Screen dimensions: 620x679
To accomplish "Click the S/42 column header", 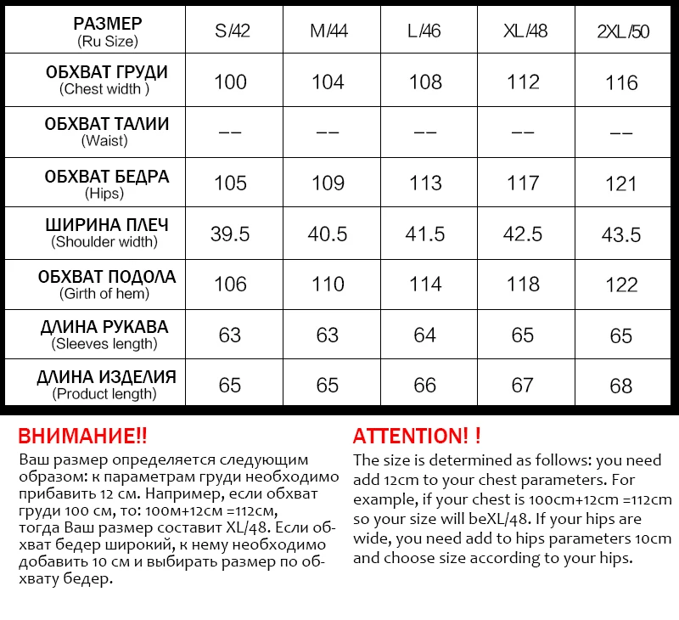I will tap(230, 31).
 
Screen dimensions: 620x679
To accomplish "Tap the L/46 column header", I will tap(424, 31).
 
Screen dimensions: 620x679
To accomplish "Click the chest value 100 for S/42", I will tap(230, 82).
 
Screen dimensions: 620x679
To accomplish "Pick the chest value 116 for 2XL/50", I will tap(622, 82).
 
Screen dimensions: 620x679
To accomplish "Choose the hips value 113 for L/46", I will tap(424, 183).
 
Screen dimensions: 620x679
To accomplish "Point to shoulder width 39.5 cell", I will tap(230, 234).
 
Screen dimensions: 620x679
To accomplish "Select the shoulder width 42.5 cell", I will tap(523, 234).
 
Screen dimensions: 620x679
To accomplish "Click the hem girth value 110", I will tap(328, 285).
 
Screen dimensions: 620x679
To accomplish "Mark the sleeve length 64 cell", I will tap(424, 335).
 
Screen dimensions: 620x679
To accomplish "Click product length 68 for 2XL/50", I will tap(621, 386).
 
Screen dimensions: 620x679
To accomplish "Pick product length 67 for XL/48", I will tap(523, 385).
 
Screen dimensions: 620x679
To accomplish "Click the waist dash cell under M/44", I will tap(328, 133).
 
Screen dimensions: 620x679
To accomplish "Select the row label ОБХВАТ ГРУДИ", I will tap(106, 72).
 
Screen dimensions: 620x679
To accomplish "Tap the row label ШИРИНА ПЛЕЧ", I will tap(106, 225).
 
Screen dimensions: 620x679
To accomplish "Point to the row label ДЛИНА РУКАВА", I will tap(105, 327).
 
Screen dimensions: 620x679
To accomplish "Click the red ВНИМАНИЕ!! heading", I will tap(82, 437).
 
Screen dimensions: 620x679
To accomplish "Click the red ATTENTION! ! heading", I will tap(417, 437).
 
